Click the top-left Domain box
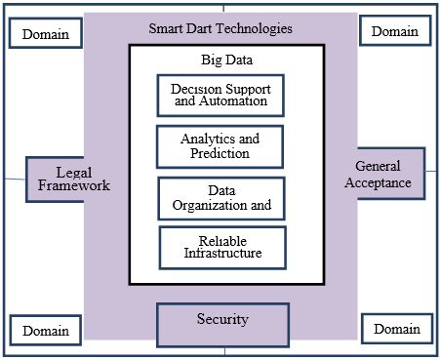(46, 34)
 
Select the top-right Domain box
(394, 31)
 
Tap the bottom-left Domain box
(46, 330)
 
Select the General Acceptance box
(383, 174)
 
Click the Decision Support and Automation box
(221, 96)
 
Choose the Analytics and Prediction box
(220, 146)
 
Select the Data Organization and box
(221, 197)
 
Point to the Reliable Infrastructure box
(223, 248)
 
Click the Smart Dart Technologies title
(221, 29)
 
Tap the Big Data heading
(223, 60)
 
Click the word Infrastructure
(223, 255)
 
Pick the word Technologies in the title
(252, 29)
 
